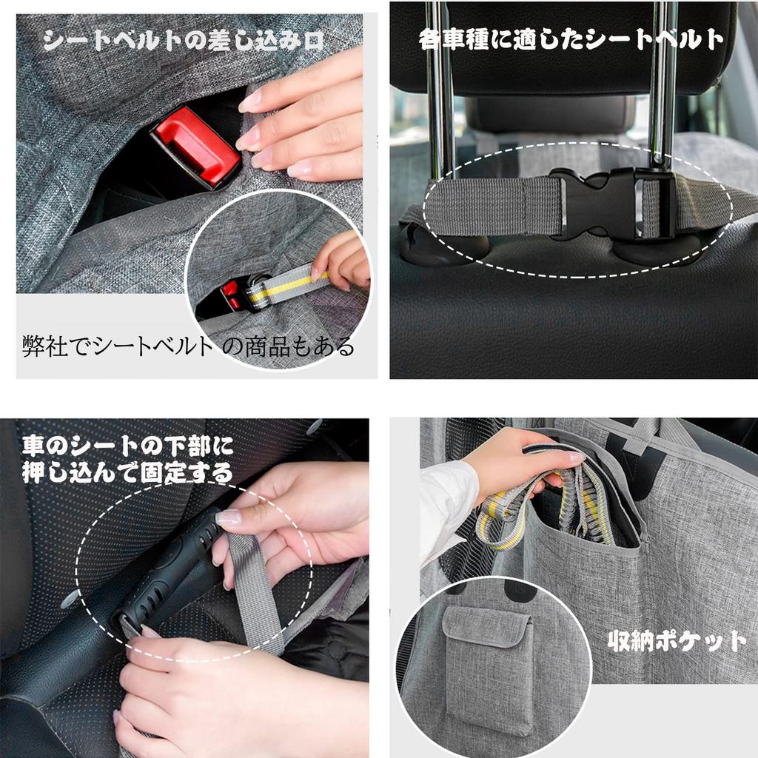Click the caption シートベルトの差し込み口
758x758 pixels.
[184, 41]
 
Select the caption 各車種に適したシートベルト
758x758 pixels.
[571, 39]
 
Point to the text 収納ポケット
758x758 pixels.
[677, 642]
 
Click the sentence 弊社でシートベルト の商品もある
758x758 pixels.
[189, 346]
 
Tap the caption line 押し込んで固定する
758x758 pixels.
[127, 473]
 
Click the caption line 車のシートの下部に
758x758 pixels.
[127, 446]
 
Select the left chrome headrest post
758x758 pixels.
[440, 97]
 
